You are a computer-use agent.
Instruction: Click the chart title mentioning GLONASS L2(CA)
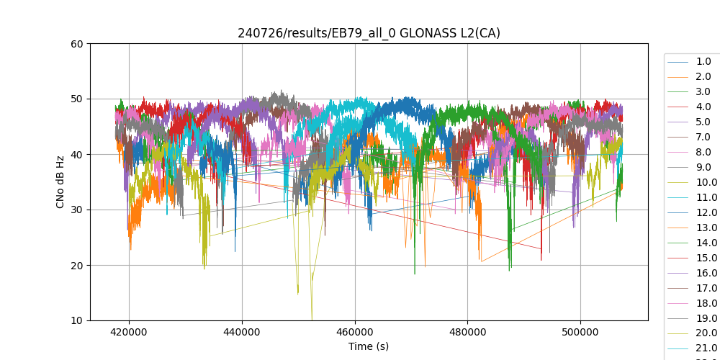click(x=369, y=33)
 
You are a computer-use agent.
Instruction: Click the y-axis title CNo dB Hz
click(x=60, y=182)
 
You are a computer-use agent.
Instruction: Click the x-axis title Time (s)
click(x=369, y=346)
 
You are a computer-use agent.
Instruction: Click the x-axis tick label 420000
click(x=130, y=332)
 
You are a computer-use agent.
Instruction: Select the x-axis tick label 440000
click(x=243, y=332)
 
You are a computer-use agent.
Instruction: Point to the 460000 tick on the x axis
click(x=355, y=332)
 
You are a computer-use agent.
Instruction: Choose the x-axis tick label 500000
click(x=580, y=332)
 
